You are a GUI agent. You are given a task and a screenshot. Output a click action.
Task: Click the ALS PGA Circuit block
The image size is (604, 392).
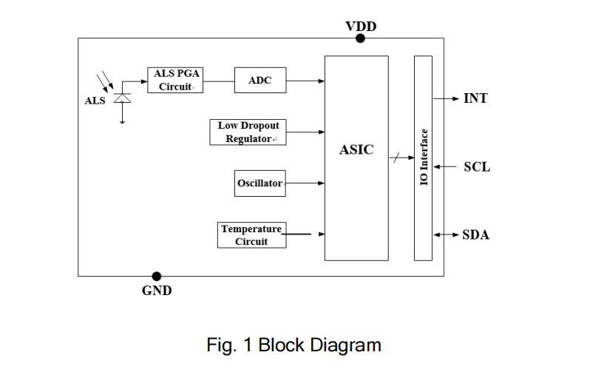174,80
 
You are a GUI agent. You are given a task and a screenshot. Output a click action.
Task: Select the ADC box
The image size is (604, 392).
259,81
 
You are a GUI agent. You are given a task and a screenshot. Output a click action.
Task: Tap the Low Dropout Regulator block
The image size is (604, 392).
248,132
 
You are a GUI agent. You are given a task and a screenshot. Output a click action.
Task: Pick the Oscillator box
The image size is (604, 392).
259,183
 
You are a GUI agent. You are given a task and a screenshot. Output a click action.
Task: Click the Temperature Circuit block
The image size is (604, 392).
251,234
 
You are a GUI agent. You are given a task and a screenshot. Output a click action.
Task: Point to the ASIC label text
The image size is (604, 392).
356,149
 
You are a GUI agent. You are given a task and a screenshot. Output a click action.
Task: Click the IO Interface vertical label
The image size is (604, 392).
424,158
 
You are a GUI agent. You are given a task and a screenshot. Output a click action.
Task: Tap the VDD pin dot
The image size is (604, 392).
360,38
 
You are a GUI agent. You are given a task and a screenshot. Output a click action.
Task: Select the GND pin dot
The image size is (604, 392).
157,277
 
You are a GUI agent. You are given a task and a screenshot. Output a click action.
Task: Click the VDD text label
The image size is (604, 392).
361,27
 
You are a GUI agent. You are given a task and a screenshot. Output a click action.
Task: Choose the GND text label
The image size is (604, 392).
157,291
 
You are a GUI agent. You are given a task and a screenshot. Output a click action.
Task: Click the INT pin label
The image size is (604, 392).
475,98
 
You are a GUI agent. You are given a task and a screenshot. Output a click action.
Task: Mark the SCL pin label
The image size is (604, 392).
477,167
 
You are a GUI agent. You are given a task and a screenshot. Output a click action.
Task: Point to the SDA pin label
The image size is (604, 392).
476,235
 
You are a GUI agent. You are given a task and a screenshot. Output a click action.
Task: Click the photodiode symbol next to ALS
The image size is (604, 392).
123,98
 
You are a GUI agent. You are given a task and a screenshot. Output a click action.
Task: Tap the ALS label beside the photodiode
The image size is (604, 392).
95,101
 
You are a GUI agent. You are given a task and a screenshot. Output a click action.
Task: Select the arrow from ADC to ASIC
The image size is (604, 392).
305,81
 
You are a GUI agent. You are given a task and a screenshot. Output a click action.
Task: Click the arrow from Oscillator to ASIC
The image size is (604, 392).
305,183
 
